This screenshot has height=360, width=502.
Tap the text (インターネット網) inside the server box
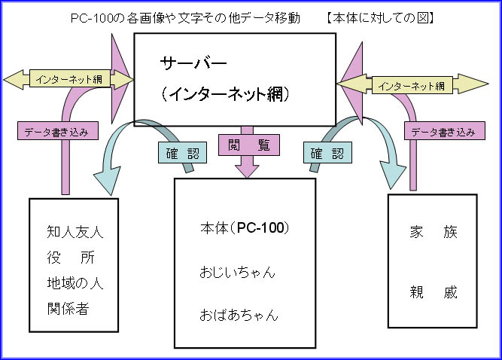pyautogui.click(x=226, y=94)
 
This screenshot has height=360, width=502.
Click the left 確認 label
pyautogui.click(x=182, y=153)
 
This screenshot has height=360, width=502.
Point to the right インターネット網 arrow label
pyautogui.click(x=412, y=86)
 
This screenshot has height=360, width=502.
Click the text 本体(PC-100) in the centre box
pyautogui.click(x=245, y=227)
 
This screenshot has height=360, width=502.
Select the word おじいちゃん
pyautogui.click(x=238, y=271)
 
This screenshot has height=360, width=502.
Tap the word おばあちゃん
pyautogui.click(x=239, y=315)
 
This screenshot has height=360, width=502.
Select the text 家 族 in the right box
pyautogui.click(x=434, y=233)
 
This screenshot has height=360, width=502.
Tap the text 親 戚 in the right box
pyautogui.click(x=434, y=291)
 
